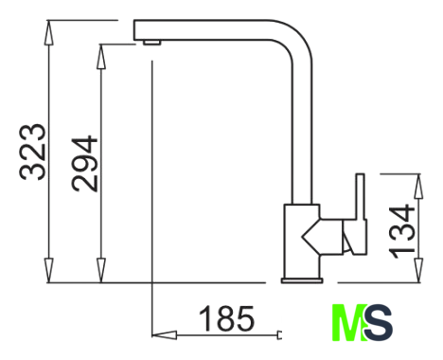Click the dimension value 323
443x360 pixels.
click(33, 153)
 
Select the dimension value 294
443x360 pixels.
click(84, 164)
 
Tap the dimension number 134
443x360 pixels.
click(401, 231)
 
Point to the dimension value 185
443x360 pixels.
click(226, 318)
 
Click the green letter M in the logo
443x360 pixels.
click(348, 322)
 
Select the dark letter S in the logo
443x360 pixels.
click(379, 322)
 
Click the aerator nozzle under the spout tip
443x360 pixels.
click(151, 43)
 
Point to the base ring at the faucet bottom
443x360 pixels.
click(302, 280)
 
